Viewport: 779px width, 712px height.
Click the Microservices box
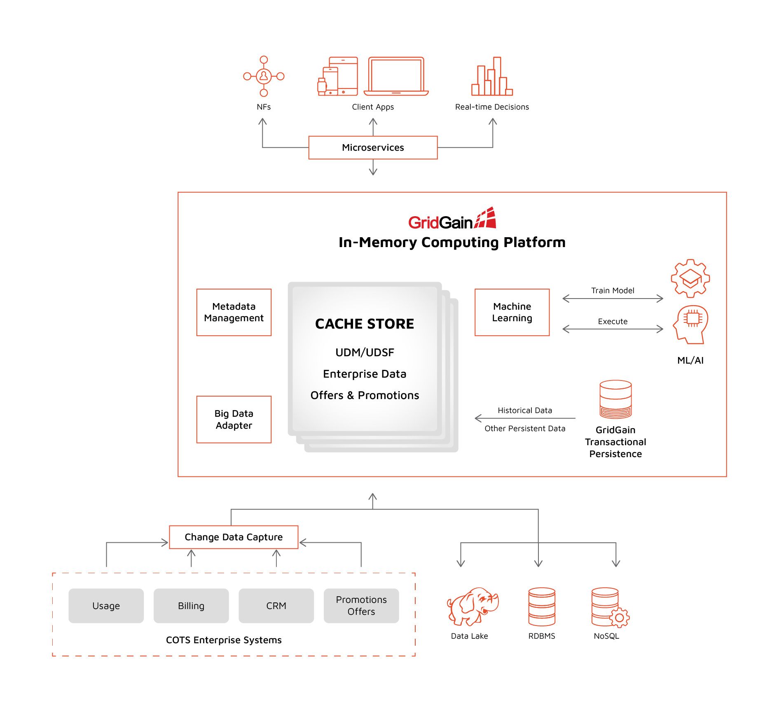373,147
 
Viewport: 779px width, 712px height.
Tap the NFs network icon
264,76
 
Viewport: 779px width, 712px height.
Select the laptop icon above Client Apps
396,76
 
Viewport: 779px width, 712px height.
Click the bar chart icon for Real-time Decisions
492,77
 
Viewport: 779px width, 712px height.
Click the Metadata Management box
234,312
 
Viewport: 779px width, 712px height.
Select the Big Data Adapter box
234,419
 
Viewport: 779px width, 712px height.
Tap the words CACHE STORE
365,324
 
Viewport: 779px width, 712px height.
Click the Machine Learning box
512,312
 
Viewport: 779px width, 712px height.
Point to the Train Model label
613,290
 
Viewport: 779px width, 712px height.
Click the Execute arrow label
613,321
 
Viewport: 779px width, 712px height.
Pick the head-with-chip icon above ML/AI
691,324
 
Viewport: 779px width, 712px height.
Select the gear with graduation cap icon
690,278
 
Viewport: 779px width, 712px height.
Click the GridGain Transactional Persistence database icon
615,399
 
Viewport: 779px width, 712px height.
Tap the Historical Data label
524,410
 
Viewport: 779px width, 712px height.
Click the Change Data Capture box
234,537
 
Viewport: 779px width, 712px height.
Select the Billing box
191,605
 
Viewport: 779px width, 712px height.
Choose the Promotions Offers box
361,605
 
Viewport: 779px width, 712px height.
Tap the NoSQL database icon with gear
609,607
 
